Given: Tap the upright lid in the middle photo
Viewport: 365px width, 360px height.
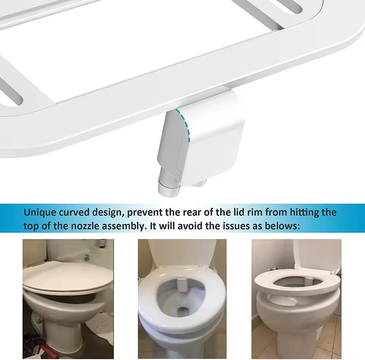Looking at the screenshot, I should coord(182,252).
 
